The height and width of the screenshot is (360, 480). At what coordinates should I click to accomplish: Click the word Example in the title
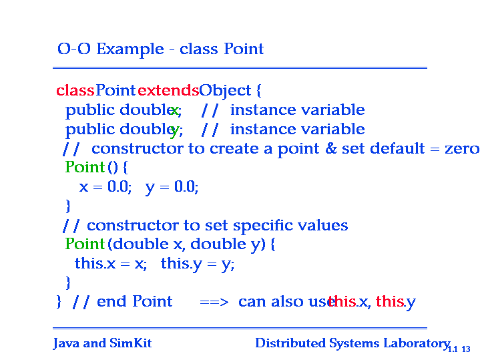[130, 49]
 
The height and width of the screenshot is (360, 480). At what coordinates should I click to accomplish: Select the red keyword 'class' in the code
[75, 90]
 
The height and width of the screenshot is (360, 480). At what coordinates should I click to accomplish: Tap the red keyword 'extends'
[168, 90]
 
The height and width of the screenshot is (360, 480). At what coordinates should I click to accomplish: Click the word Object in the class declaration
[225, 91]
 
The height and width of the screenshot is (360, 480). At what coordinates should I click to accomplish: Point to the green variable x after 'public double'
[174, 110]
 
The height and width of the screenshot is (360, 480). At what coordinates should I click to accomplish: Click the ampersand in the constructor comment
[330, 148]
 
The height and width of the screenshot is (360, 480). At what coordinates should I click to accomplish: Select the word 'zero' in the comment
[462, 149]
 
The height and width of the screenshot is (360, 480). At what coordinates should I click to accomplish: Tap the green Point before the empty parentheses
[85, 167]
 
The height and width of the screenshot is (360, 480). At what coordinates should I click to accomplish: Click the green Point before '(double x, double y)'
[85, 244]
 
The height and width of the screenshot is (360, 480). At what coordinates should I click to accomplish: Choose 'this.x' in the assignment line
[95, 263]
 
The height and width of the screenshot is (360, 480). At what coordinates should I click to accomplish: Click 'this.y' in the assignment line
[182, 264]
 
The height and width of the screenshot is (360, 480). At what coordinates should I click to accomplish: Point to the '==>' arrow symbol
[214, 303]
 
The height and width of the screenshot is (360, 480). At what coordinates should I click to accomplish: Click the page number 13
[466, 349]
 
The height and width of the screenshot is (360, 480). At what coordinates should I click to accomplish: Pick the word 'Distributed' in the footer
[290, 343]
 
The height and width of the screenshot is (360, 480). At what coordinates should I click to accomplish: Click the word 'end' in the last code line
[111, 301]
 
